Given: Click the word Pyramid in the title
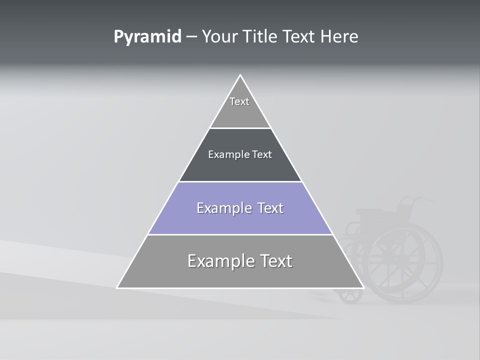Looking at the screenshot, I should point(147,37).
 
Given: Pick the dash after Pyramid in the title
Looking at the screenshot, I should point(191,37).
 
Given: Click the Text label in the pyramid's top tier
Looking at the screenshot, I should point(239,101).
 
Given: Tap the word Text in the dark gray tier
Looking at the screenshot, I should point(262,154).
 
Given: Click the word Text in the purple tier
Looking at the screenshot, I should point(270,208).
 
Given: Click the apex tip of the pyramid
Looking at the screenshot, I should point(240,75).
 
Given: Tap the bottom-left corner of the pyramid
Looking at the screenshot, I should point(117,287).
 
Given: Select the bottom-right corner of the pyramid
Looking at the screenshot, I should point(363,287).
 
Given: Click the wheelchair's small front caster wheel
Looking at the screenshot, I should point(350,294).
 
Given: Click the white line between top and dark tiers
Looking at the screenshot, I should point(240,128).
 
